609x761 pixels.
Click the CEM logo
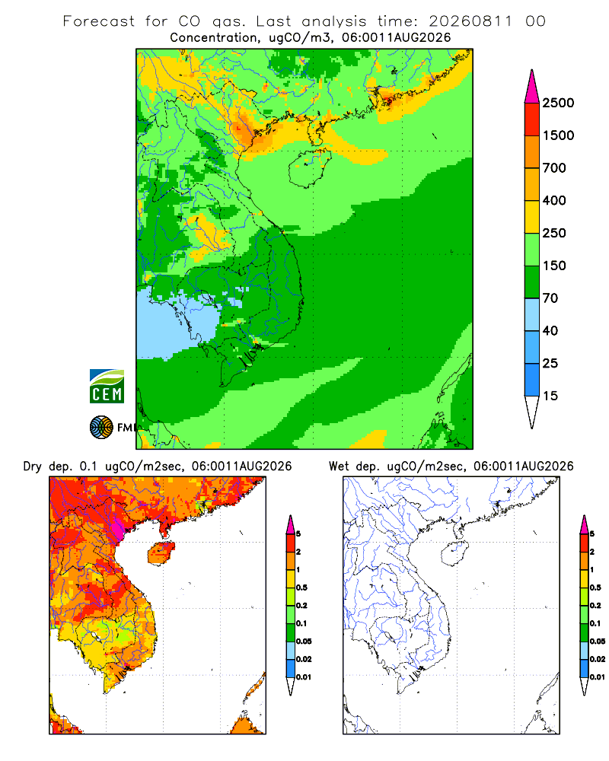coord(107,387)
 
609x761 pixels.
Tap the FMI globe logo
coord(101,428)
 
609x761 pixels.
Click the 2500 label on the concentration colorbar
coord(558,103)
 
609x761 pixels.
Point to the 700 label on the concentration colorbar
coord(554,168)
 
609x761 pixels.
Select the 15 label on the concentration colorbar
coord(550,396)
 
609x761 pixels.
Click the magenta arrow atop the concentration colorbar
coord(532,87)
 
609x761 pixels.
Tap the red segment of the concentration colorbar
coord(532,119)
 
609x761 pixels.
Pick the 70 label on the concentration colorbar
coord(550,298)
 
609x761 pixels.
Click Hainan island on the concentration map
coord(309,168)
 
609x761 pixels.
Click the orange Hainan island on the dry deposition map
coord(161,552)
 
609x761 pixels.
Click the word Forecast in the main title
coord(99,21)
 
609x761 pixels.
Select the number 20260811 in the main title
coord(470,21)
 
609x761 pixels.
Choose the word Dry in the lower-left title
coord(33,466)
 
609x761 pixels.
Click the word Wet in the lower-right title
coord(339,466)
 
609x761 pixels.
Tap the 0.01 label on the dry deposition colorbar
coord(304,677)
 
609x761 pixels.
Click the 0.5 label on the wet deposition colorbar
coord(595,587)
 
